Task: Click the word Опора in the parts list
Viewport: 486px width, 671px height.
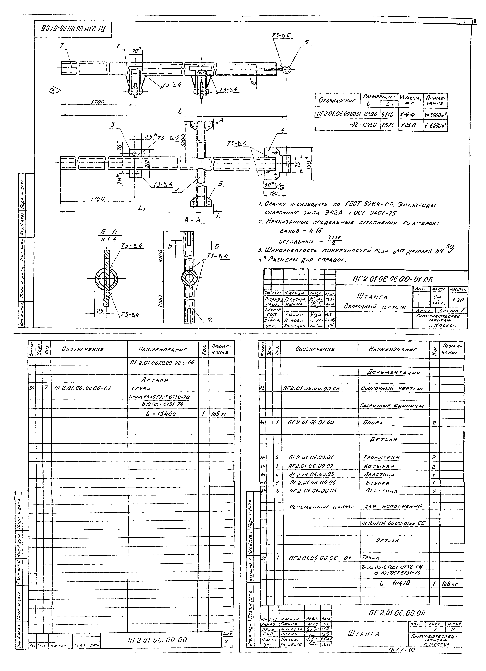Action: [373, 423]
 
